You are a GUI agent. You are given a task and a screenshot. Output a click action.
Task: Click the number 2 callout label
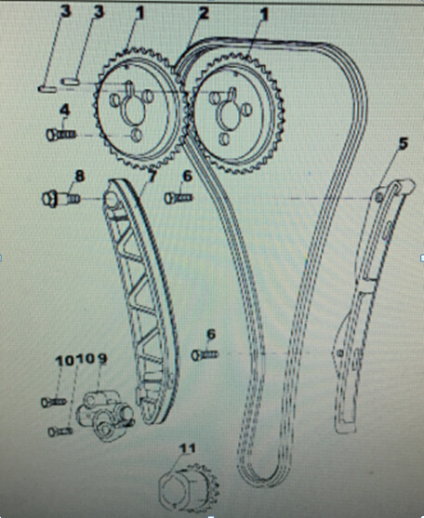coord(203,14)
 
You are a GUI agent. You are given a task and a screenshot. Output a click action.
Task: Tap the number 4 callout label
coord(65,110)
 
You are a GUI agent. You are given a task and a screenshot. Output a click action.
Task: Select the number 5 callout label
coord(403,143)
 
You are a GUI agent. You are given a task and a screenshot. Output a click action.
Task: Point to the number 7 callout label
coord(152,176)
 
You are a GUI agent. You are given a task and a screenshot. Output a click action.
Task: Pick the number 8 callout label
coord(80,177)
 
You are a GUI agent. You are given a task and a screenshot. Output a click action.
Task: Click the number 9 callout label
coord(102,359)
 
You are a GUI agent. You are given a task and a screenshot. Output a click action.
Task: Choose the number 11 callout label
coord(187,448)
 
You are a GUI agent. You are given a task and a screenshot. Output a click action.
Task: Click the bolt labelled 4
coord(61,135)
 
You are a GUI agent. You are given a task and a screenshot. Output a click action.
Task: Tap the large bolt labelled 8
coord(60,199)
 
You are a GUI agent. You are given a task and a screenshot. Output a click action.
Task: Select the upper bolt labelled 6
coord(179,197)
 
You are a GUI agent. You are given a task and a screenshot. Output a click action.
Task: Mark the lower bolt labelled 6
coord(205,355)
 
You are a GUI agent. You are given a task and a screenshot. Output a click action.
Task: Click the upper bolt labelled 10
coord(54,402)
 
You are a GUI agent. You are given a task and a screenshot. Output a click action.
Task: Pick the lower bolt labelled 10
coord(60,432)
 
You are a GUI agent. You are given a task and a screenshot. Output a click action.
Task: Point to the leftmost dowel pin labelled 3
coord(46,89)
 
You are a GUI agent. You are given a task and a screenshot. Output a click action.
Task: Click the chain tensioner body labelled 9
coord(105,415)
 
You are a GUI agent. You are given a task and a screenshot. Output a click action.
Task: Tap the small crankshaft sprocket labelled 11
coord(188,487)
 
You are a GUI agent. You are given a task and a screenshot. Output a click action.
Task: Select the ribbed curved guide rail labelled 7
coord(141,300)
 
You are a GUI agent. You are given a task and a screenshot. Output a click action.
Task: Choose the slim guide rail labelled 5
coord(372,298)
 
